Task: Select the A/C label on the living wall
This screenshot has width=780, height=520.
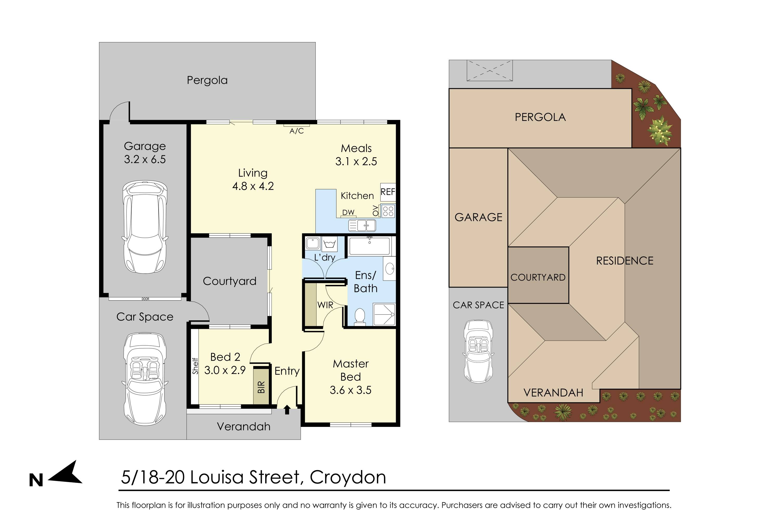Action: click(x=296, y=131)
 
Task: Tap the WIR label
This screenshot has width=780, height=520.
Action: click(x=325, y=305)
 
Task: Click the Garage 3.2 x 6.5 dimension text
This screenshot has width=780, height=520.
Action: click(x=145, y=159)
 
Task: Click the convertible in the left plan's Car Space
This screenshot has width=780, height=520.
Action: click(x=145, y=379)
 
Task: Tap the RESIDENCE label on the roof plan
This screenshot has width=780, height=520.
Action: click(x=625, y=261)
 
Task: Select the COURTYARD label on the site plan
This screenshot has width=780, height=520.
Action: click(x=538, y=277)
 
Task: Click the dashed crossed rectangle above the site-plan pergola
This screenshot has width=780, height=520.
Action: click(x=490, y=70)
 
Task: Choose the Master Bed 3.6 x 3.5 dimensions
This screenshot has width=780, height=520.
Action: click(x=350, y=390)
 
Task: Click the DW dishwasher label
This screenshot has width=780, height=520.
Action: click(x=348, y=212)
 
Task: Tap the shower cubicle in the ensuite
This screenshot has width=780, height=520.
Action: click(x=384, y=314)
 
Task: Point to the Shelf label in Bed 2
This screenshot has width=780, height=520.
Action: click(x=195, y=366)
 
